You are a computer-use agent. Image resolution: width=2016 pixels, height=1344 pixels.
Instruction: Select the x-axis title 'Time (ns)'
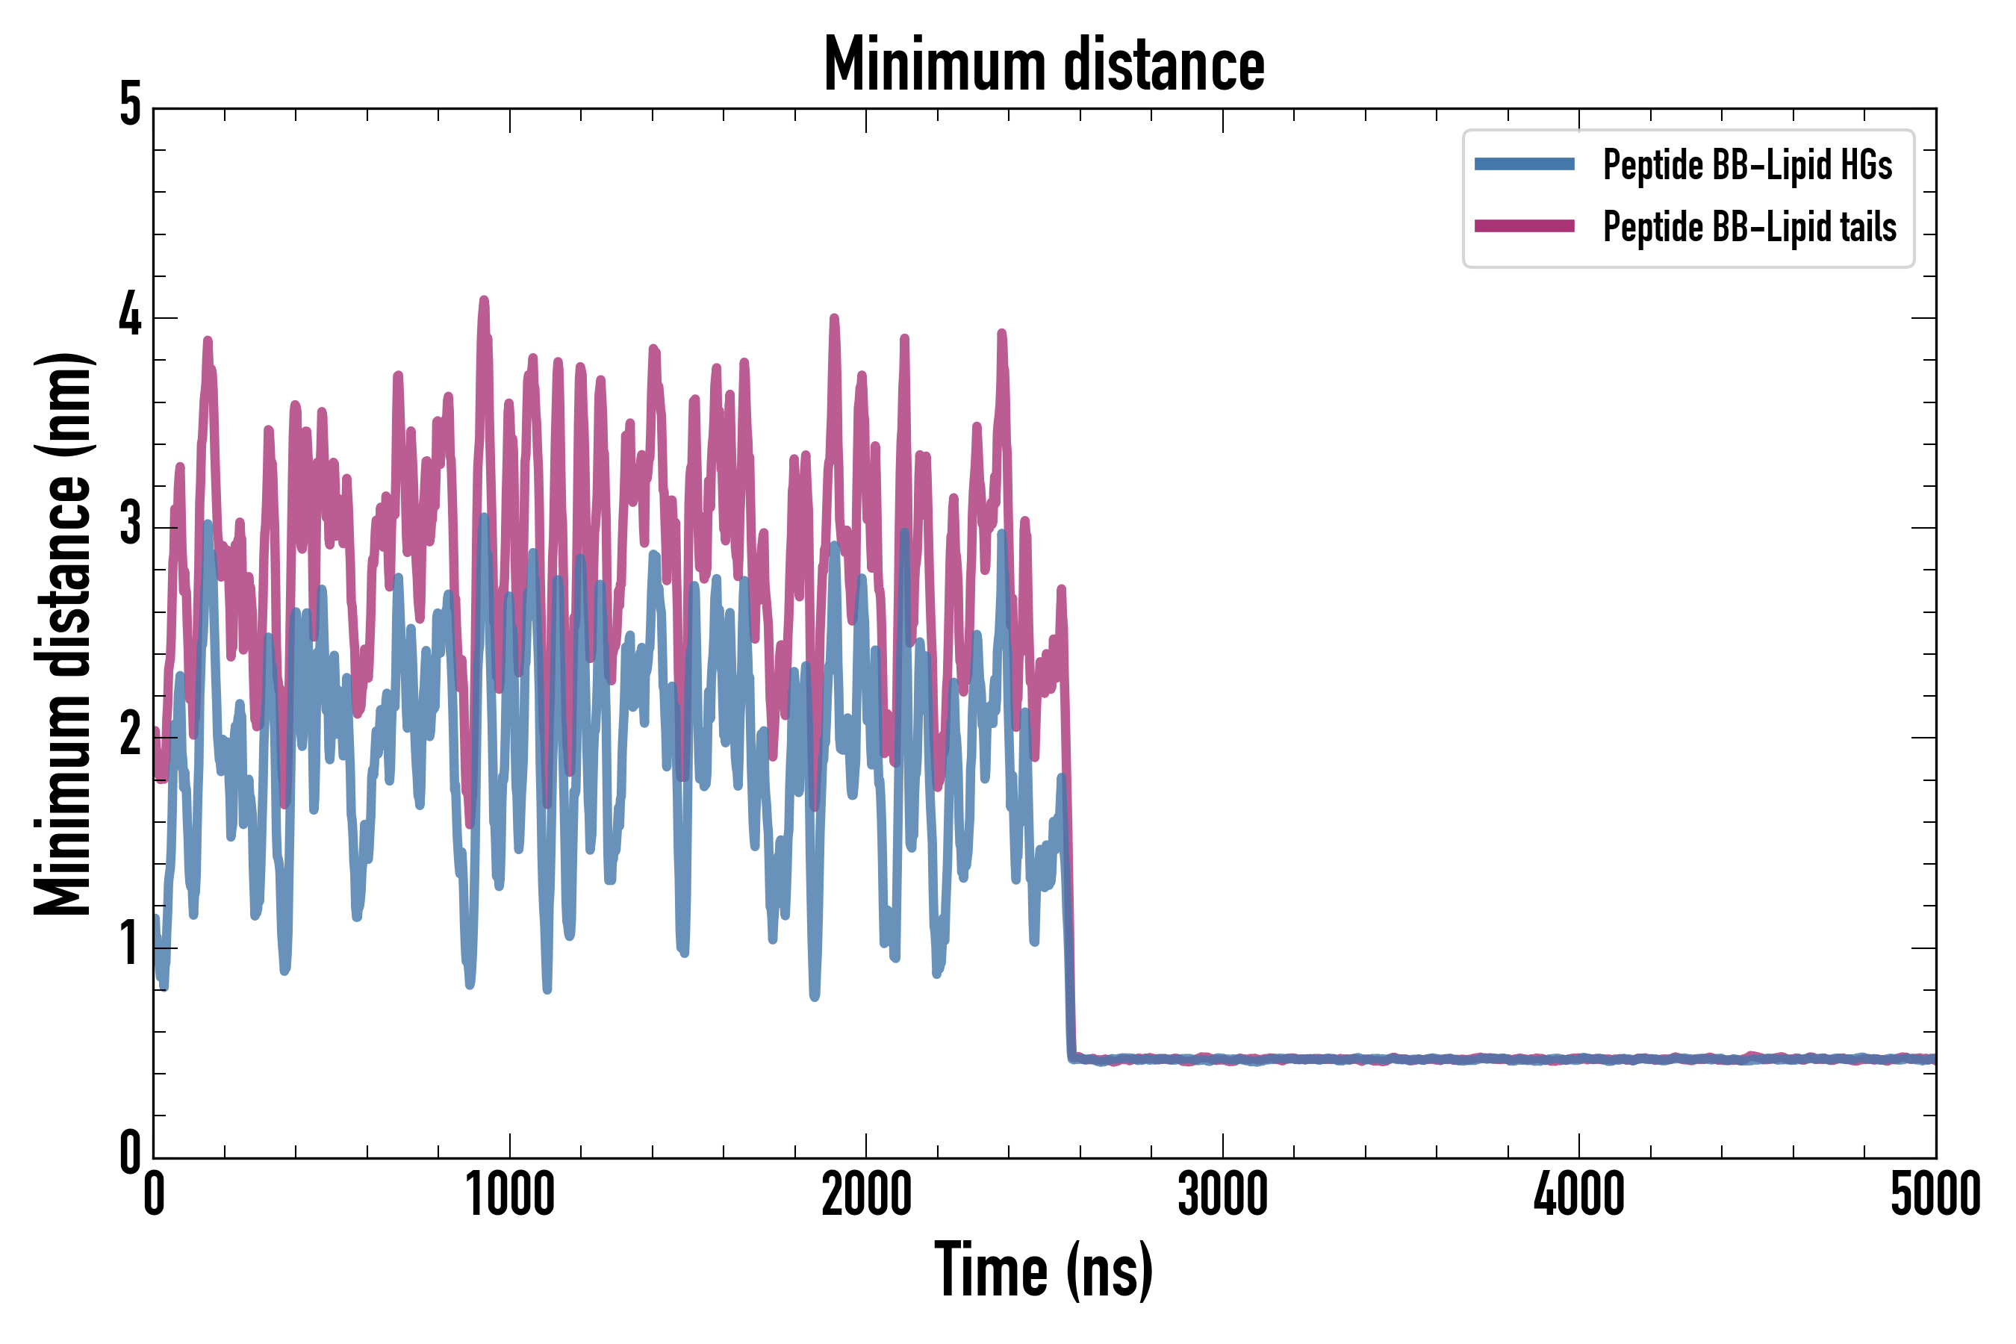1043,1270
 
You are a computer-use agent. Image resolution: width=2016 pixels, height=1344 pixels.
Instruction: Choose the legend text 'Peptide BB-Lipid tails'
1749,227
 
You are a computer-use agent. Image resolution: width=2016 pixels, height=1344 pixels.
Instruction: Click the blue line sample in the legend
1524,164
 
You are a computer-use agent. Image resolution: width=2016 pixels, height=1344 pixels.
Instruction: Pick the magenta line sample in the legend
1524,226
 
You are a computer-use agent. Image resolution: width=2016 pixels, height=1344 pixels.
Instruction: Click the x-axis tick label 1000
510,1194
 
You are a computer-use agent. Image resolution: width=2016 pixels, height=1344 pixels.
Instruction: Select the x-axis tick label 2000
865,1194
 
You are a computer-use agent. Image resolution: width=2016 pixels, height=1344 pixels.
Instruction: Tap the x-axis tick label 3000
1222,1194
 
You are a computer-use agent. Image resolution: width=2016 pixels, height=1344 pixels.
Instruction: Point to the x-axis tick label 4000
1579,1194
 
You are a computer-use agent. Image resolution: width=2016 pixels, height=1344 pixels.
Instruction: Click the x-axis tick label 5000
1935,1194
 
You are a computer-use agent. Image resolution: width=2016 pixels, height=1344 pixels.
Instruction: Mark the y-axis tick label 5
130,105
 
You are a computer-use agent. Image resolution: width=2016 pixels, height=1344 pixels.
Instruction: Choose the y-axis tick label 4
130,315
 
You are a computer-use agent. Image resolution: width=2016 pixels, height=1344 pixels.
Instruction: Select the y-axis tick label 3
130,525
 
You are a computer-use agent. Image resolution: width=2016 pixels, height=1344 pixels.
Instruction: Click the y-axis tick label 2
130,735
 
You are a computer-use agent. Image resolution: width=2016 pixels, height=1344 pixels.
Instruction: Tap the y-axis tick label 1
130,945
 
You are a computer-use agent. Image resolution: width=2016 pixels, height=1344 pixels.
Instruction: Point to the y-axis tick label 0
130,1154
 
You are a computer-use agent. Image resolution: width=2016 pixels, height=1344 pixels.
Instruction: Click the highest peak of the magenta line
485,299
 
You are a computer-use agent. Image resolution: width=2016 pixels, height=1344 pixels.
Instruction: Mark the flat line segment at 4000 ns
1579,1060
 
